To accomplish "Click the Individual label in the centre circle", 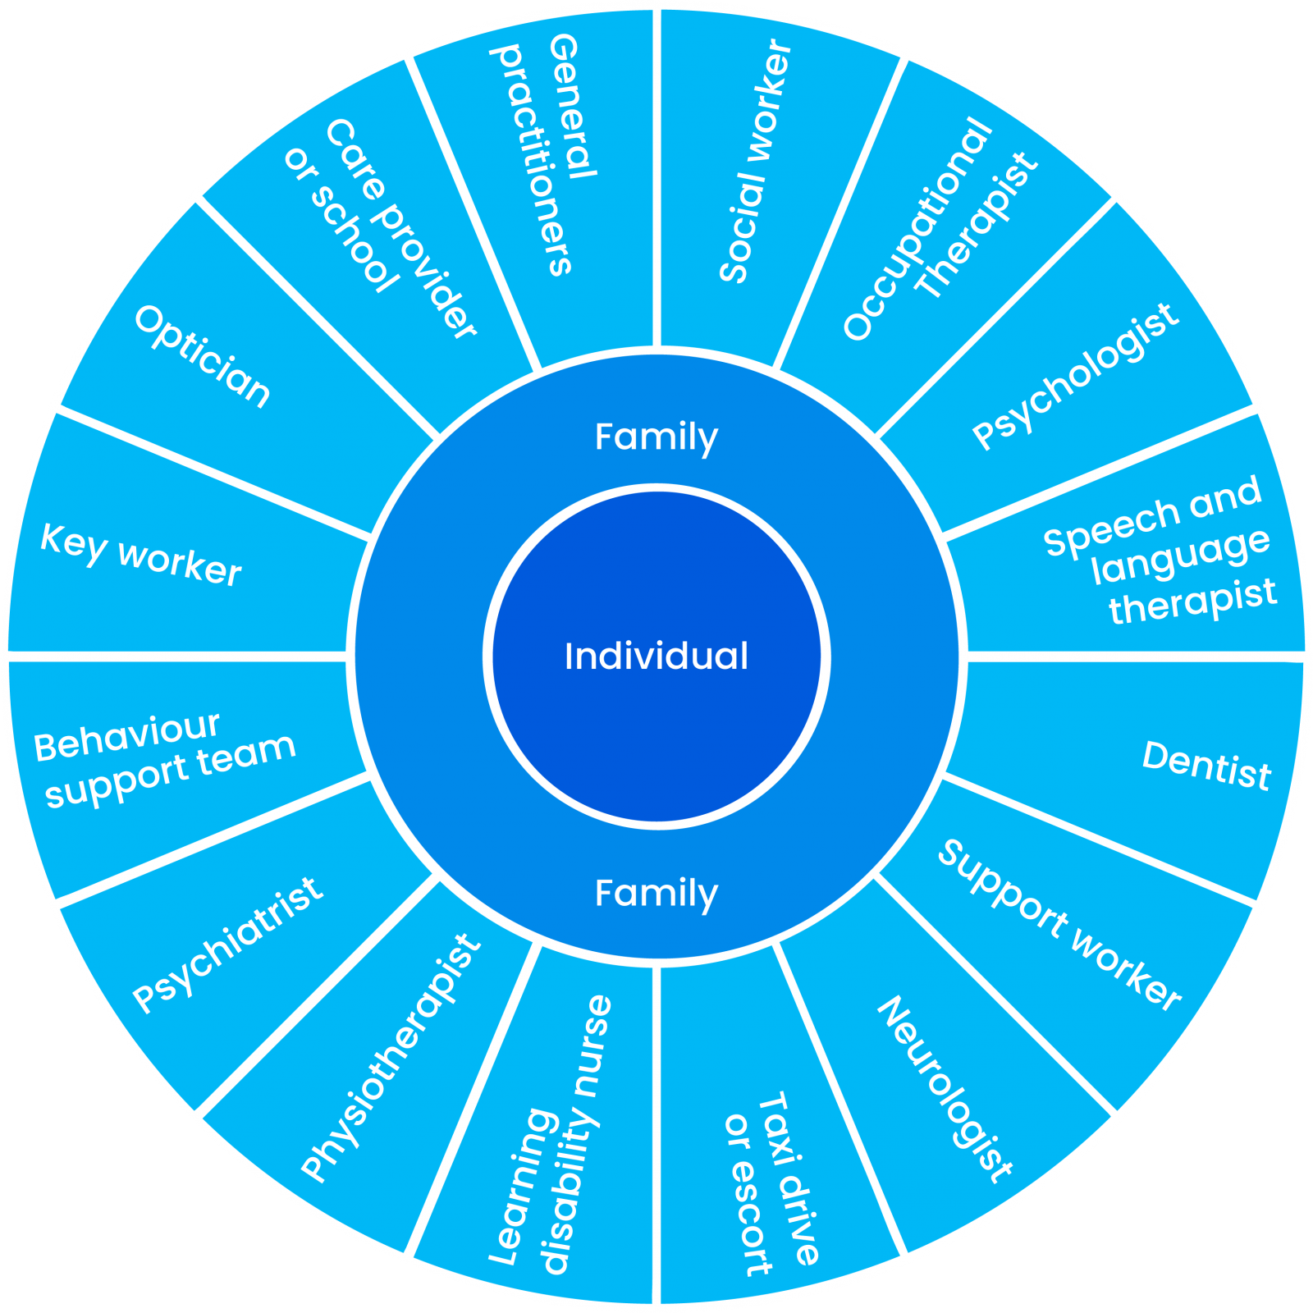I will [656, 656].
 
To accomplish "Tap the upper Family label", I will [656, 437].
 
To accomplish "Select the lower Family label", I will [656, 893].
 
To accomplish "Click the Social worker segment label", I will [755, 162].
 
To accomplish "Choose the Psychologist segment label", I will [1076, 377].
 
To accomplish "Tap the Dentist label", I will [1206, 765].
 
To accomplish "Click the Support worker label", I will [1059, 924].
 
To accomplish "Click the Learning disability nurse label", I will [550, 1137].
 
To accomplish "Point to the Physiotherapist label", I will [390, 1058].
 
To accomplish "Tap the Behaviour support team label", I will [164, 759].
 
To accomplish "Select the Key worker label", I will [141, 555].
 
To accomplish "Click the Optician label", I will [202, 356].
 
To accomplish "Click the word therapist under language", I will [1193, 602].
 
